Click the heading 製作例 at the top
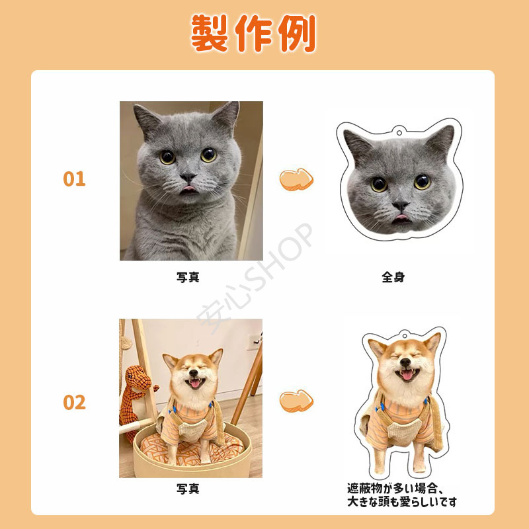(x=253, y=33)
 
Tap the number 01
(x=74, y=179)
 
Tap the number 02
(x=74, y=403)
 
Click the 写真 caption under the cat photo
(x=188, y=277)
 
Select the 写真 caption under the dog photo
(x=188, y=488)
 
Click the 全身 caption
(x=393, y=277)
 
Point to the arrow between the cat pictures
(x=296, y=179)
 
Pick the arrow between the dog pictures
(x=296, y=401)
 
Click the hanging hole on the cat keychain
(x=399, y=132)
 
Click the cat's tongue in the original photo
(x=188, y=188)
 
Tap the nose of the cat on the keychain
(x=401, y=205)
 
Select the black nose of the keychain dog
(x=405, y=362)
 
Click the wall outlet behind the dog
(x=253, y=342)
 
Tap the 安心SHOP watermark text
(x=255, y=278)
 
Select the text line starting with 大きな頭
(x=402, y=502)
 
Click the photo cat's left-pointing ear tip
(x=136, y=106)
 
